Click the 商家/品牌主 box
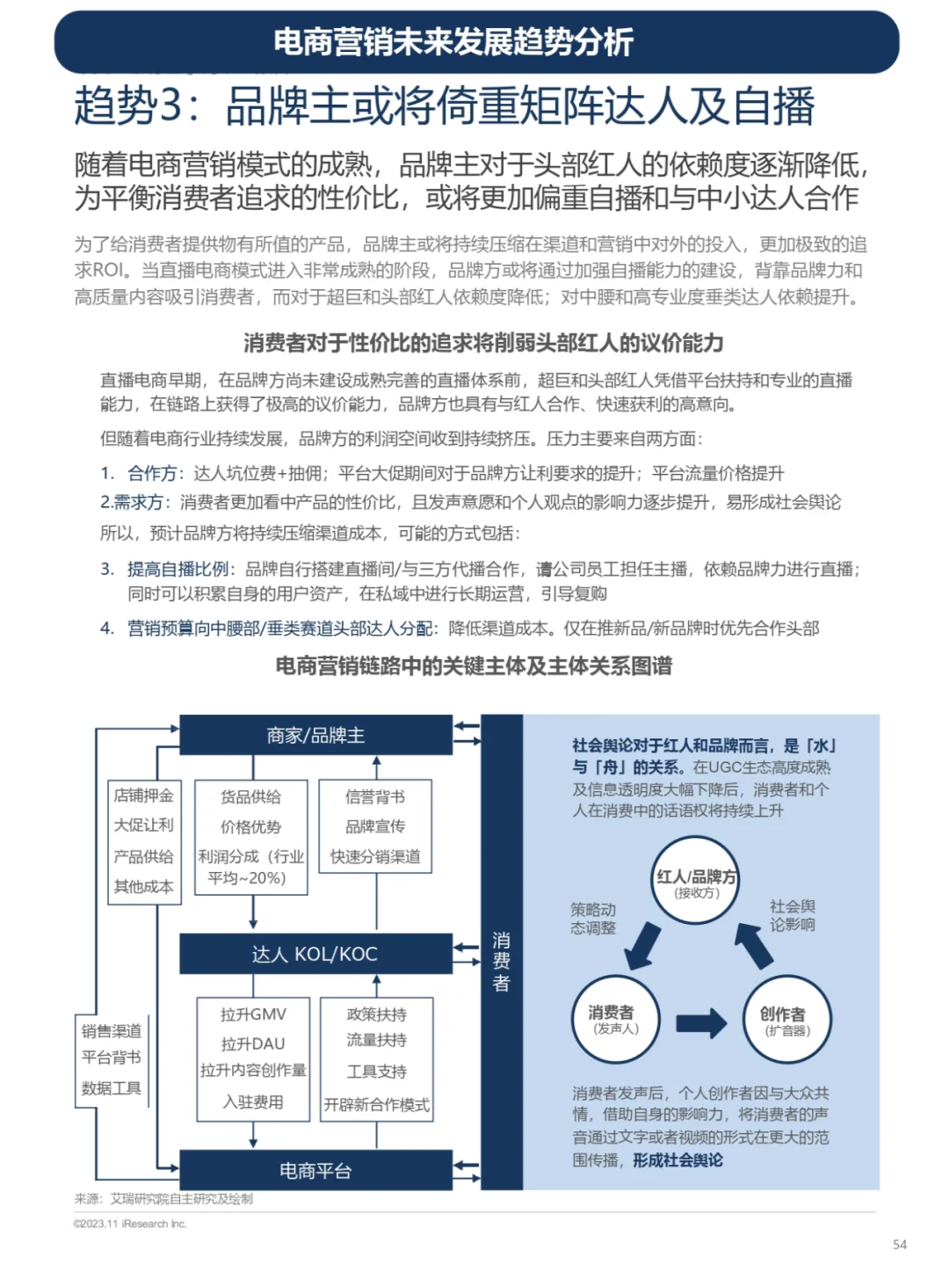(x=315, y=735)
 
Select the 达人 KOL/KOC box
(x=315, y=954)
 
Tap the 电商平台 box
(x=315, y=1170)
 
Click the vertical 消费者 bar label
(x=501, y=962)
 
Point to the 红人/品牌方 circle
(x=697, y=883)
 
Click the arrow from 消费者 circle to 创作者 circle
(x=701, y=1022)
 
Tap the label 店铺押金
(x=143, y=796)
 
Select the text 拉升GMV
(x=253, y=1014)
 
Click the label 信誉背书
(x=375, y=796)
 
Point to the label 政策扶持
(x=377, y=1014)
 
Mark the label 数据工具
(x=112, y=1088)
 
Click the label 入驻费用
(x=253, y=1102)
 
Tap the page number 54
(x=900, y=1244)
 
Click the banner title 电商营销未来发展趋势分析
(x=453, y=41)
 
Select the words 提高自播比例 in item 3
(x=178, y=569)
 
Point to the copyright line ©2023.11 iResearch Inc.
(x=130, y=1224)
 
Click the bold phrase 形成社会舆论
(x=677, y=1160)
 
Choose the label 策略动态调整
(x=593, y=918)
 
